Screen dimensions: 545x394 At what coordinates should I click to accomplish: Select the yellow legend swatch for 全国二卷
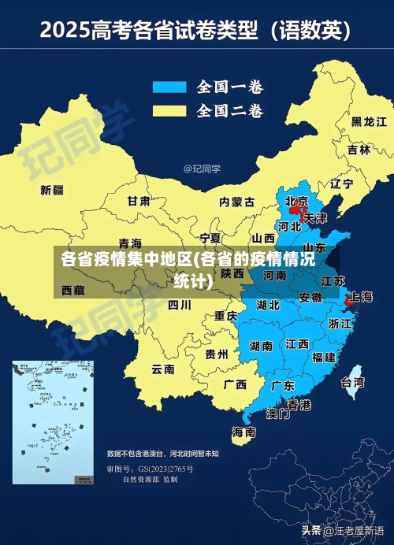(169, 109)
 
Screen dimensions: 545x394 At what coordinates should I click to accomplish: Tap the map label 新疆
(52, 190)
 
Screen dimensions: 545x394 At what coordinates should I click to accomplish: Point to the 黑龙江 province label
(369, 121)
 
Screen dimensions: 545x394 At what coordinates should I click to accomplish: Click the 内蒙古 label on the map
(237, 202)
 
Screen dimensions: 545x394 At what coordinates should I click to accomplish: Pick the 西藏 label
(72, 291)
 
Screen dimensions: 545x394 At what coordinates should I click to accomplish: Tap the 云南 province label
(163, 369)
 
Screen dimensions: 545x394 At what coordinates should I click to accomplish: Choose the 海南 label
(243, 432)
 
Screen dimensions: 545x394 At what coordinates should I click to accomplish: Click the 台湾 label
(352, 383)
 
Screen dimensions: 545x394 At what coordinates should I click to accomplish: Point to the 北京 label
(296, 201)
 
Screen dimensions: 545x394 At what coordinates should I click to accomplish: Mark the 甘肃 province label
(139, 201)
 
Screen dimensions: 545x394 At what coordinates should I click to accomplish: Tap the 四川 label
(180, 305)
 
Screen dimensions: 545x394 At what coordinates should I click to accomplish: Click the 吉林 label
(359, 150)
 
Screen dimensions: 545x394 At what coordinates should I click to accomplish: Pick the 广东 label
(283, 386)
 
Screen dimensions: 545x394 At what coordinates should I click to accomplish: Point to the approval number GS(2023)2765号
(166, 469)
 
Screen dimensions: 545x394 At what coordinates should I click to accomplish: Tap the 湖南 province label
(261, 345)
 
